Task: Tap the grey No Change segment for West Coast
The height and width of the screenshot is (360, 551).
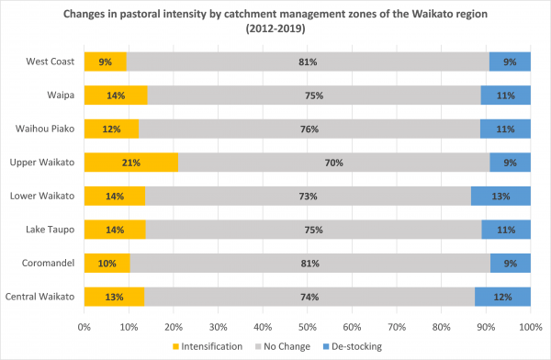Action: click(x=308, y=62)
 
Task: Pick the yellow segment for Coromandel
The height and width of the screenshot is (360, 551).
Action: click(x=107, y=264)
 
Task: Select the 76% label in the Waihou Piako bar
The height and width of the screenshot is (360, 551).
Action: click(x=309, y=129)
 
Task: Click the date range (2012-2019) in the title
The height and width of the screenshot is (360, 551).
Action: click(x=275, y=28)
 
